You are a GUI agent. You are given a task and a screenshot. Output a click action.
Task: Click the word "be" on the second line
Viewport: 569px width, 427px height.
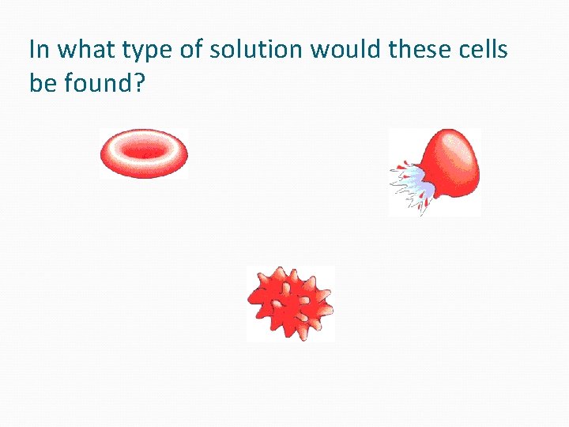tap(41, 81)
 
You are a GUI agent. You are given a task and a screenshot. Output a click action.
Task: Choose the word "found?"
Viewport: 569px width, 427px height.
tap(103, 81)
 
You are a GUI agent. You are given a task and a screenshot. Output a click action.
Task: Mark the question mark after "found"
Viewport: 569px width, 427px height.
tap(139, 81)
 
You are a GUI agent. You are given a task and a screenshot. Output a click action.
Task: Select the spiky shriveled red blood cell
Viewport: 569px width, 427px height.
tap(290, 303)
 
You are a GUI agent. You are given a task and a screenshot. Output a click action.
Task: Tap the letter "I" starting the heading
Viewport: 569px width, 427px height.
tap(32, 50)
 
